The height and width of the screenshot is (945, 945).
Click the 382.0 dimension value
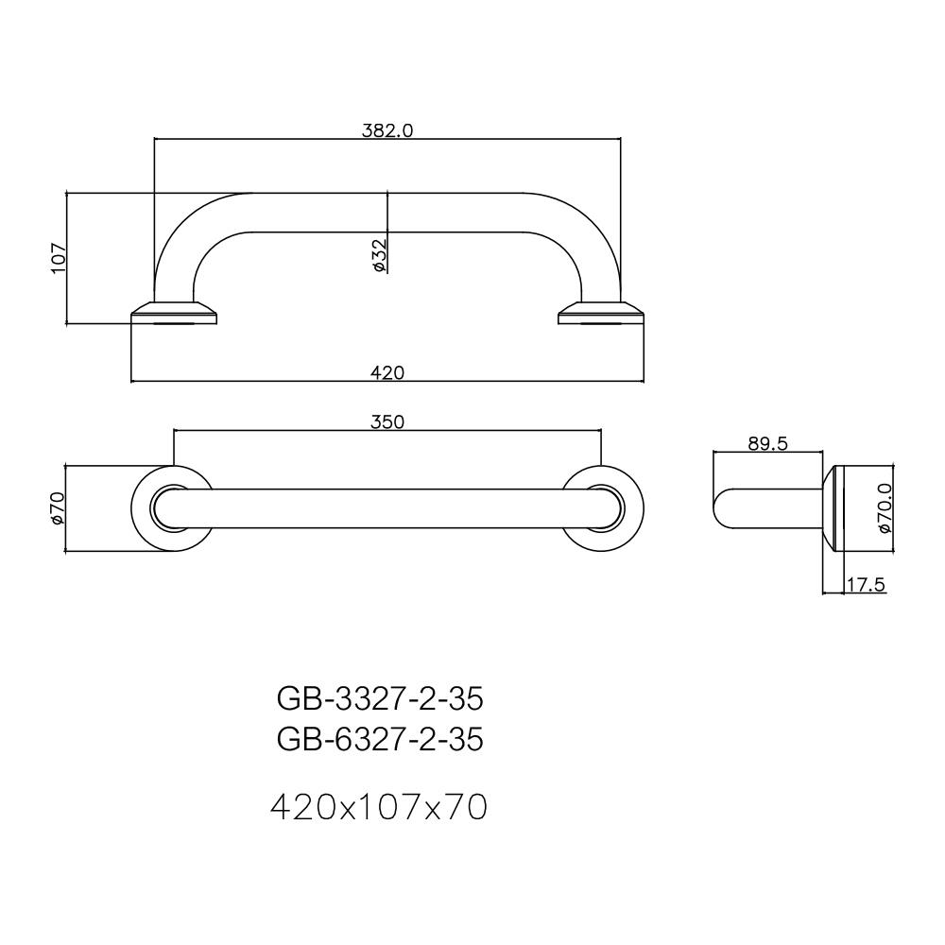pos(387,130)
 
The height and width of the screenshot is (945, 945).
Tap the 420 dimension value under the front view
pos(387,372)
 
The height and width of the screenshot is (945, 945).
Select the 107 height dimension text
pos(59,258)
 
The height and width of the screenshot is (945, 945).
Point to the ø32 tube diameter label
pos(378,255)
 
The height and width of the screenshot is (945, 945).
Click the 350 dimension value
pos(387,421)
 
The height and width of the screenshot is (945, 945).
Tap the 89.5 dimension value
pos(767,443)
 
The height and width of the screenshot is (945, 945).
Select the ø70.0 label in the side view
pos(885,507)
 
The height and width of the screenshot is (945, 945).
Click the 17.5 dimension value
pos(865,585)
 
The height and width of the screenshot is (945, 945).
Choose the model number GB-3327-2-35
pos(380,698)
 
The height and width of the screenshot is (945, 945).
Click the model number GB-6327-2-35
pos(380,739)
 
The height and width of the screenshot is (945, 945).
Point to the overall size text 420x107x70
pos(379,807)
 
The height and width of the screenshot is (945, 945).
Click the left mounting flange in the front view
pos(176,313)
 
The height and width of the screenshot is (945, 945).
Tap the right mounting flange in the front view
pos(601,313)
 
